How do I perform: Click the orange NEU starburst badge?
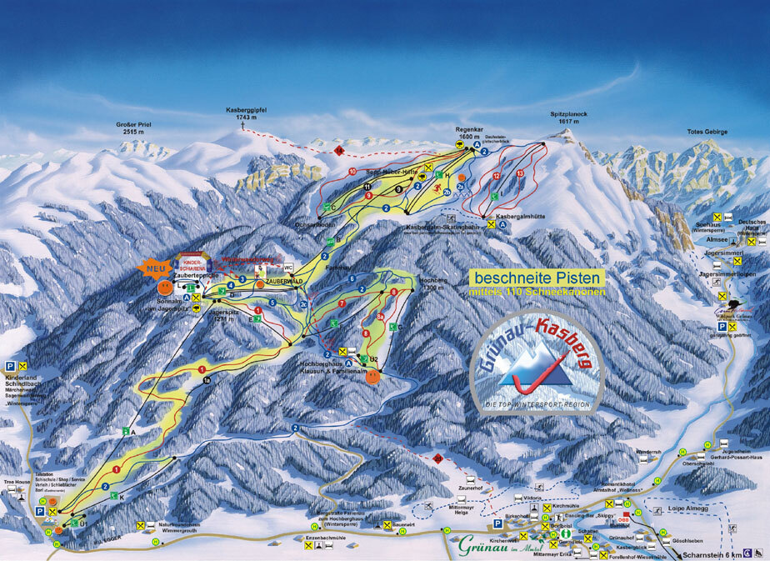tap(153, 268)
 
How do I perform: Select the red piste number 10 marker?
tap(352, 172)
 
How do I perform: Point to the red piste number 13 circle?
tap(520, 174)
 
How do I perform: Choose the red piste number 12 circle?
tap(497, 176)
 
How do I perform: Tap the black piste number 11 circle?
tap(367, 186)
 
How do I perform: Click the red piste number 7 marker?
tap(342, 303)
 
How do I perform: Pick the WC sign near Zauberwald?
tap(288, 268)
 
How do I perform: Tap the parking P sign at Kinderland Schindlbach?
tap(10, 366)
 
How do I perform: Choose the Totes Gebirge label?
tap(707, 132)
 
